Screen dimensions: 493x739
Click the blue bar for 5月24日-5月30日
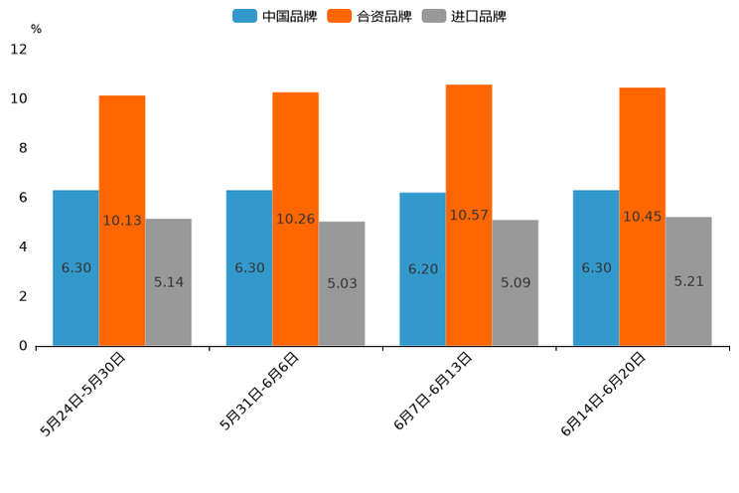pyautogui.click(x=75, y=267)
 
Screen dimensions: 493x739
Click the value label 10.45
pyautogui.click(x=642, y=217)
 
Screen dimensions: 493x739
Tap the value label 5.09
pyautogui.click(x=516, y=283)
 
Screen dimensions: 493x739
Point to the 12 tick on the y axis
pyautogui.click(x=19, y=50)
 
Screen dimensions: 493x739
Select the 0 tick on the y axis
pyautogui.click(x=22, y=346)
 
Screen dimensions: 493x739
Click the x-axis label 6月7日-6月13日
pyautogui.click(x=433, y=391)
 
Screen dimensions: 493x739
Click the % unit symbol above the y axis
pyautogui.click(x=36, y=29)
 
